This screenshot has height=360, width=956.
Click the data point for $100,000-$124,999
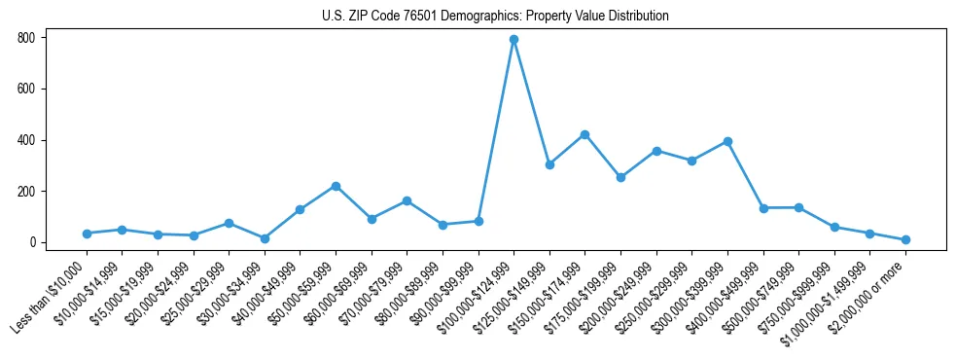[513, 40]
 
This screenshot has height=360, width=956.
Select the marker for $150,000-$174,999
[584, 134]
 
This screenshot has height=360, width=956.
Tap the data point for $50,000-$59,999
[336, 186]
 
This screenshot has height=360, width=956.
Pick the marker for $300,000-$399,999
[727, 141]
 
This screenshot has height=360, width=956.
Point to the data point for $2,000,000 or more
[905, 239]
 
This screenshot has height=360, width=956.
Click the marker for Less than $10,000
[87, 234]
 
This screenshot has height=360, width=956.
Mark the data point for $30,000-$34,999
[265, 238]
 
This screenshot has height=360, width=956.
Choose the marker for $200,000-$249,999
[656, 151]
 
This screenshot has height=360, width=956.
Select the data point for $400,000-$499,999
[763, 208]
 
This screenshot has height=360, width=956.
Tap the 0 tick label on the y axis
[32, 242]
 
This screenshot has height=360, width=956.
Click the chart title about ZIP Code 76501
[495, 16]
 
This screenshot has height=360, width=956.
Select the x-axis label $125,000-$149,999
[514, 296]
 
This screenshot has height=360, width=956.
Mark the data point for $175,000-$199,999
[620, 177]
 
